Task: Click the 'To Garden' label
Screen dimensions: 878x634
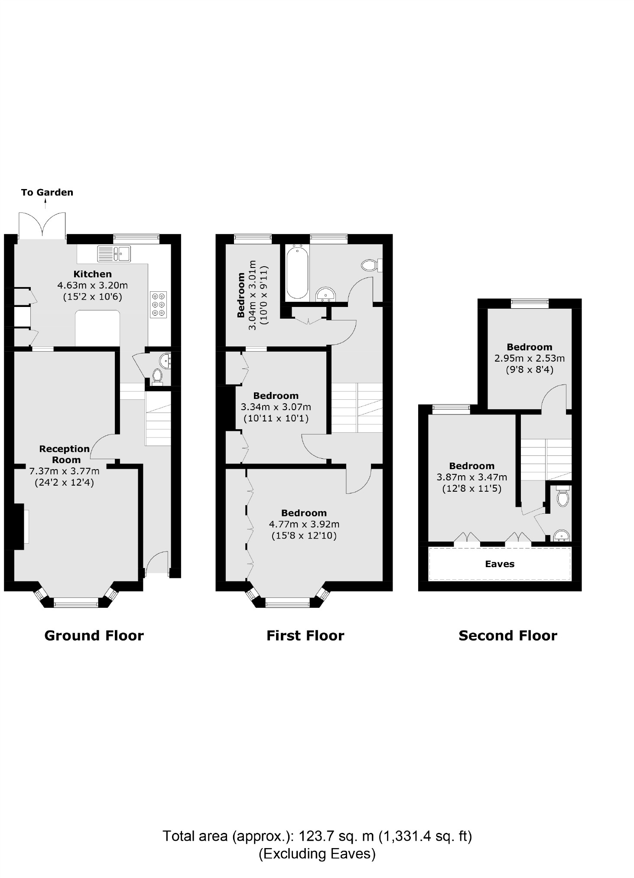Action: point(47,192)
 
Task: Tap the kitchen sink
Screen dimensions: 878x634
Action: point(114,254)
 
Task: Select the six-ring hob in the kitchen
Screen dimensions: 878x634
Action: point(158,304)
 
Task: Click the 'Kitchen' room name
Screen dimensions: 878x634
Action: point(92,274)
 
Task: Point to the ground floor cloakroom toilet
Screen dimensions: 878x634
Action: point(157,376)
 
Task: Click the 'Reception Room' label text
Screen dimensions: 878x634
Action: point(65,454)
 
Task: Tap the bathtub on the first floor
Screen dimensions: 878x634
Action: point(297,272)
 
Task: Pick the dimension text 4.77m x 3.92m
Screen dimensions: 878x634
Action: point(304,524)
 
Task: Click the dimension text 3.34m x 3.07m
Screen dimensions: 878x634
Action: point(276,407)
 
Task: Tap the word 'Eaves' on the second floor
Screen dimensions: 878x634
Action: point(500,564)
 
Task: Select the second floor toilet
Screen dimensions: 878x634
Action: point(562,498)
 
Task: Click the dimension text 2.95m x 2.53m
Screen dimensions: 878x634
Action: point(530,359)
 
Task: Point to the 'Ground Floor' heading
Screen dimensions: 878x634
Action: point(94,636)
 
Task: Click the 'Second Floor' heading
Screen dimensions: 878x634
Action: point(507,636)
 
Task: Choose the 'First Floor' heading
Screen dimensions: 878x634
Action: point(305,636)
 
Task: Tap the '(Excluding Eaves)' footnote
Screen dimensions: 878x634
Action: point(317,854)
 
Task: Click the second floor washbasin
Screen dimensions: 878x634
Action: point(562,536)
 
